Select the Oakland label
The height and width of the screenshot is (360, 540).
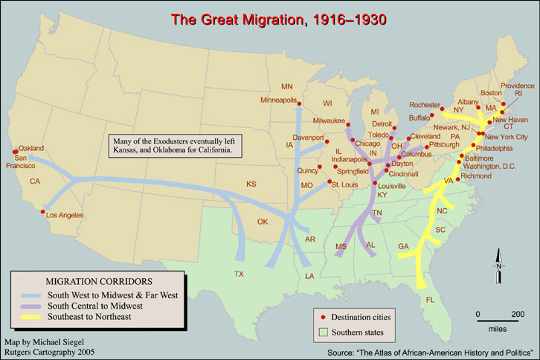(31, 148)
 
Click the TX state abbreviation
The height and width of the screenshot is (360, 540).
(239, 274)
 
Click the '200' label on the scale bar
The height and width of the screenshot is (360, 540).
(518, 313)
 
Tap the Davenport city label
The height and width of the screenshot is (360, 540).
(307, 138)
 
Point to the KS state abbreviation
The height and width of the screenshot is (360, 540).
(251, 184)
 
